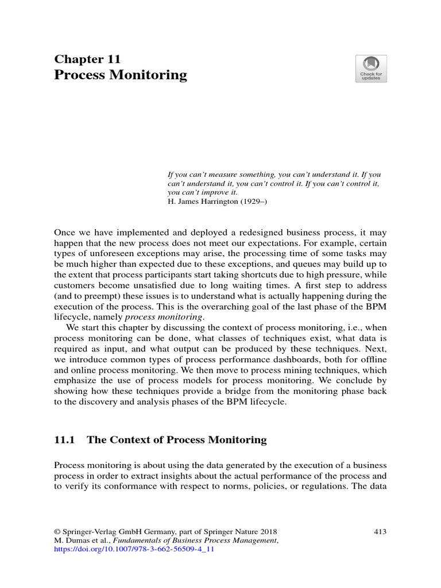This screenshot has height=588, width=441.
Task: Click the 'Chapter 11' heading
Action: tap(87, 59)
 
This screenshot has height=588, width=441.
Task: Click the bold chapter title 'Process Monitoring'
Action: tap(121, 75)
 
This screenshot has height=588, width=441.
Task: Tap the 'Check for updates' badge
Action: tap(371, 69)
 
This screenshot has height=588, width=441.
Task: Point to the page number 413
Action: tap(380, 532)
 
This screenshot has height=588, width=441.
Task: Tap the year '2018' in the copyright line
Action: tap(274, 532)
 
